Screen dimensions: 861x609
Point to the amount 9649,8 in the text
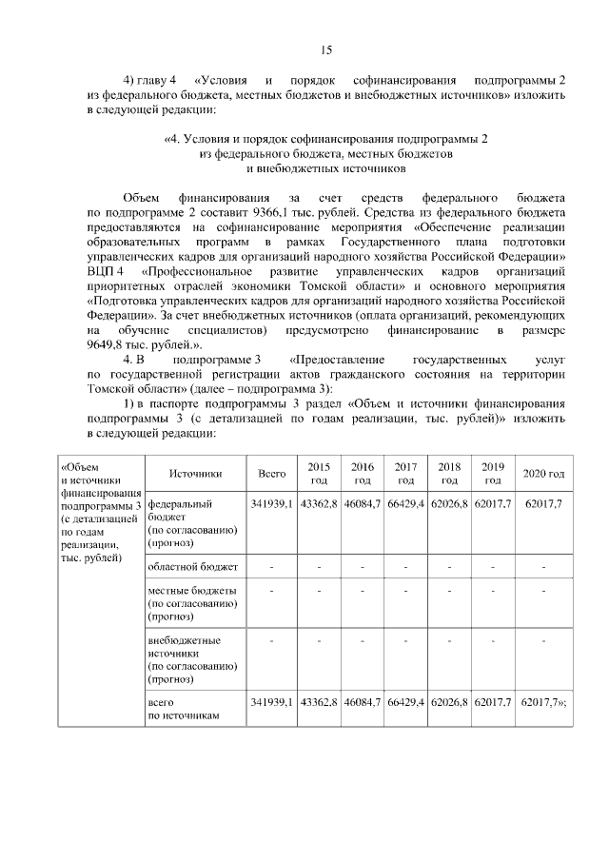coord(111,344)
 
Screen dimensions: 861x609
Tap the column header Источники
coord(194,473)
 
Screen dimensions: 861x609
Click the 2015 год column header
coord(319,473)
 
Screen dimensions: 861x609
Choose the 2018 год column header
coord(449,473)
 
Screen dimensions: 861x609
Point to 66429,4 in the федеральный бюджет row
coord(405,502)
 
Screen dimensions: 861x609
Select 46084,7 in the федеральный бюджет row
coord(363,502)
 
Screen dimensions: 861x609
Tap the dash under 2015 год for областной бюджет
coord(319,567)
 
